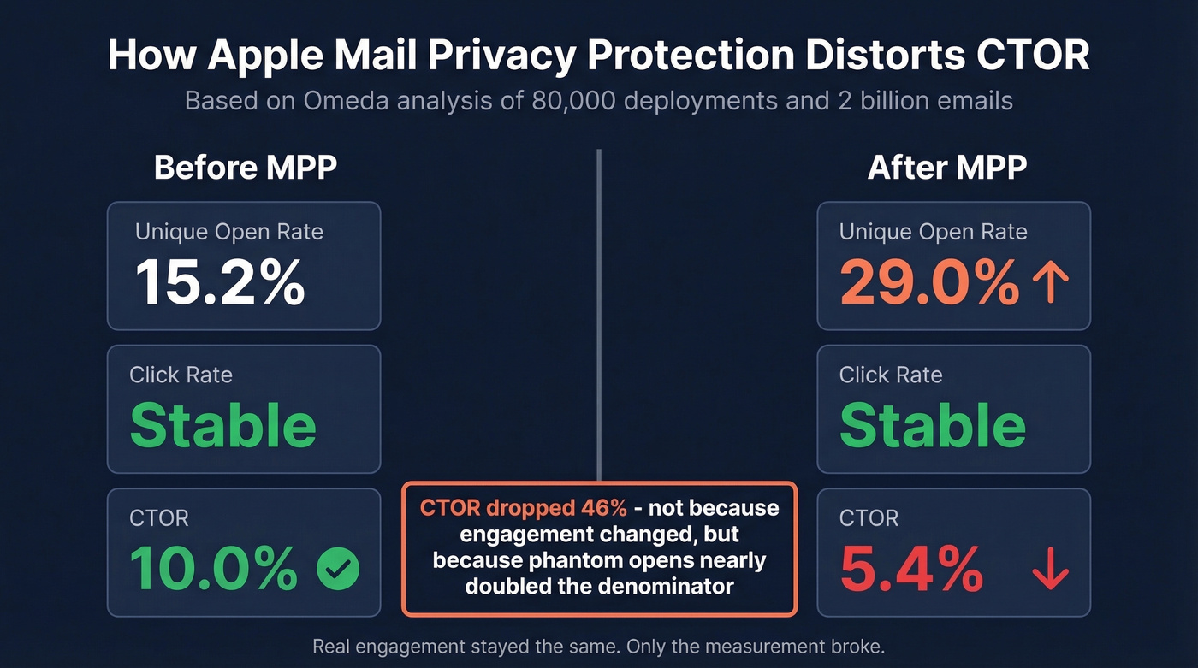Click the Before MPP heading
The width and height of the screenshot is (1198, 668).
245,168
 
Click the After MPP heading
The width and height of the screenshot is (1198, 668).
946,168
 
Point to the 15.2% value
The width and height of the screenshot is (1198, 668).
220,282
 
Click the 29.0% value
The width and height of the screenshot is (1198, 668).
929,282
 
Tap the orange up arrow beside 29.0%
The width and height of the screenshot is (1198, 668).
1050,283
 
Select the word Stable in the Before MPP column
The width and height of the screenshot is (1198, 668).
222,425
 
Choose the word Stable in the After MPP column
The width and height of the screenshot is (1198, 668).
932,425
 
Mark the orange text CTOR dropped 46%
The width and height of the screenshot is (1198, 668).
523,508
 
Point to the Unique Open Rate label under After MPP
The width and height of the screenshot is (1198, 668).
933,232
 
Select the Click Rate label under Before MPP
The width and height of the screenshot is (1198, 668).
181,375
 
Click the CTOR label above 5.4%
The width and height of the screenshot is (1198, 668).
869,518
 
